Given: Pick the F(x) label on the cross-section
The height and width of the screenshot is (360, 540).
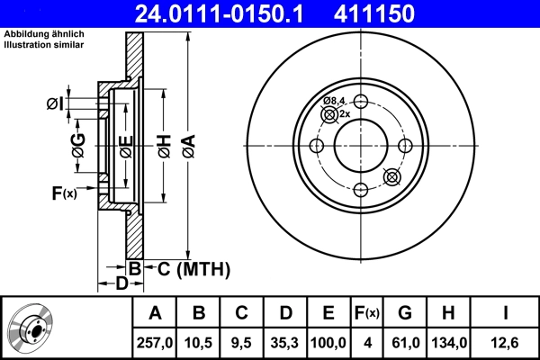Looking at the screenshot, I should [64, 193].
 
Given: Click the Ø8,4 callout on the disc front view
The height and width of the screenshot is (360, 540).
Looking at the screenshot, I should [335, 102].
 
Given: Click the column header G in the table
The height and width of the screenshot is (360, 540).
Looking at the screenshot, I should [405, 313].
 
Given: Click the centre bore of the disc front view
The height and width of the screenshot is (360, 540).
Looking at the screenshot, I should [360, 145].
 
